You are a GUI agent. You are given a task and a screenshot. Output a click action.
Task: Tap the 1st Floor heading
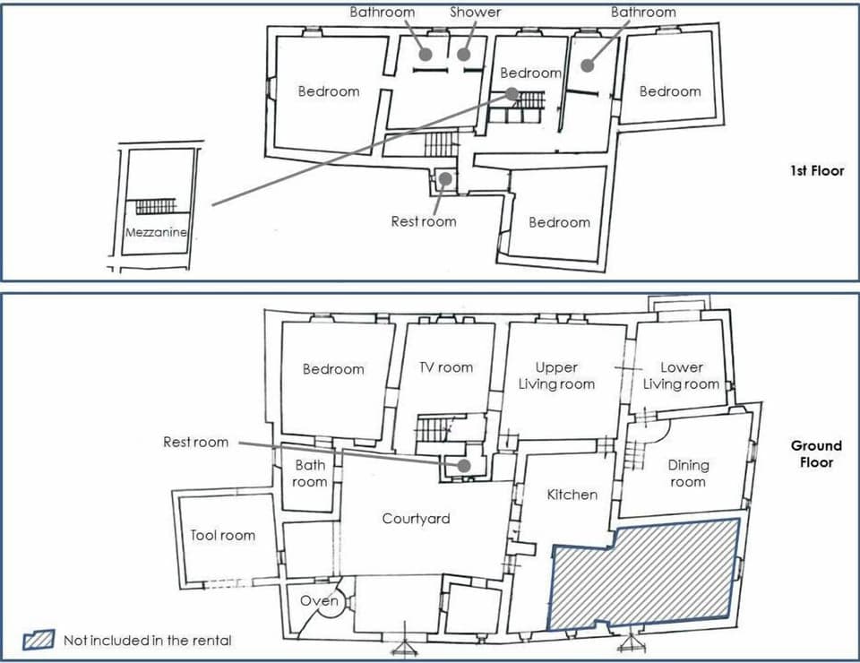pos(816,170)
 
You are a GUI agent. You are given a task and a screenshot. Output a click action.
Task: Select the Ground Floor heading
pos(816,453)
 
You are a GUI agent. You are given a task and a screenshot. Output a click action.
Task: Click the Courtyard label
pos(416,519)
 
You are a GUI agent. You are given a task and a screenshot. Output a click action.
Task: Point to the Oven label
pos(318,600)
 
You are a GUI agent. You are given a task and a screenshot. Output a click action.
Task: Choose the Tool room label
pos(222,535)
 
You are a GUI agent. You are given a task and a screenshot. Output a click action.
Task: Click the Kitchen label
pos(572,495)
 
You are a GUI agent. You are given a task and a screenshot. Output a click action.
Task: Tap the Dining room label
pos(687,473)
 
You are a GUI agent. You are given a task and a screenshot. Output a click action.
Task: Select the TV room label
pos(445,367)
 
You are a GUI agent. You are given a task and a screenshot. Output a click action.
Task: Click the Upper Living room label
pos(555,375)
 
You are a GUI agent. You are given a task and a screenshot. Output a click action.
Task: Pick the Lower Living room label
pos(681,375)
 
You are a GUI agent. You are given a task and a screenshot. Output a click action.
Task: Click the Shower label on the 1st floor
pos(475,13)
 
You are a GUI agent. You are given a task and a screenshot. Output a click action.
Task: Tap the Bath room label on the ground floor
pos(310,473)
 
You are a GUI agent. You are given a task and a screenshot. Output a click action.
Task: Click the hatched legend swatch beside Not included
pos(39,640)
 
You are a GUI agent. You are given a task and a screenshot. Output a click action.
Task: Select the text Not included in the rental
pos(147,640)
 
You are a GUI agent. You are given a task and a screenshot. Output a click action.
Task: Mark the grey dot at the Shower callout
pos(463,54)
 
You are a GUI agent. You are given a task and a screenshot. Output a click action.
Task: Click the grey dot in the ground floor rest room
pos(463,466)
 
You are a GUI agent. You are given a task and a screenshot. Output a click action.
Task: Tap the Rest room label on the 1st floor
pos(423,221)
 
